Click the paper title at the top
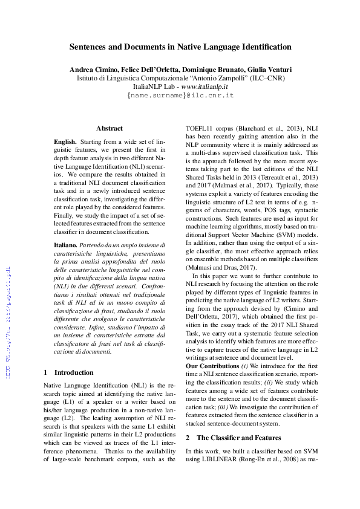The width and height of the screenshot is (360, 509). (x=180, y=47)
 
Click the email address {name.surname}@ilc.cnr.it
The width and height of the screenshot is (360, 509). (x=180, y=96)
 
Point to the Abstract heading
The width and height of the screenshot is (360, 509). (x=110, y=128)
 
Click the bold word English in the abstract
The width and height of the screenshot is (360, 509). (x=65, y=140)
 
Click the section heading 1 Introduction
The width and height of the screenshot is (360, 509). (x=69, y=372)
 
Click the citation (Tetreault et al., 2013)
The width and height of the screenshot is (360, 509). (x=281, y=178)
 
